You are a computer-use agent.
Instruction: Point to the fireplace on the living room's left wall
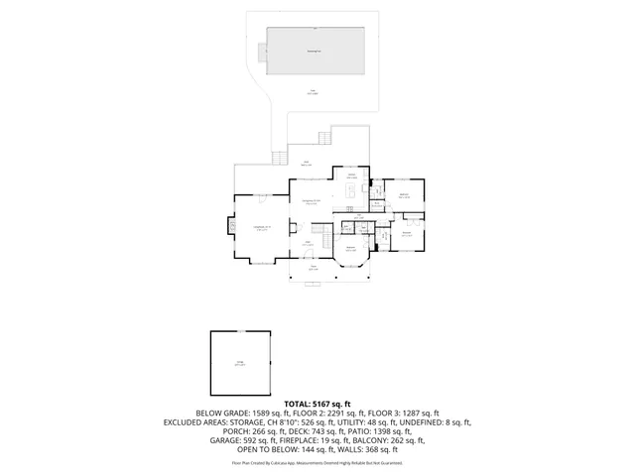pos(232,225)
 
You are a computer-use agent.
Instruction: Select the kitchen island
pos(351,187)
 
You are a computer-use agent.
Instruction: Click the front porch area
pos(312,269)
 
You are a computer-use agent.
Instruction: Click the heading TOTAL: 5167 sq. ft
pos(317,405)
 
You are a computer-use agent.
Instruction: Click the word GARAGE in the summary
pos(209,440)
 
